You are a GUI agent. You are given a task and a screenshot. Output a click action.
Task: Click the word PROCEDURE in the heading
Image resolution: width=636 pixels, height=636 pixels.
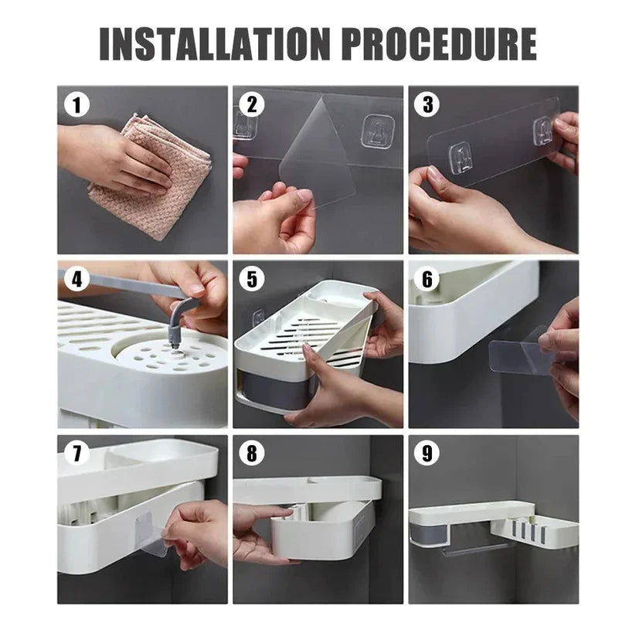click(x=439, y=44)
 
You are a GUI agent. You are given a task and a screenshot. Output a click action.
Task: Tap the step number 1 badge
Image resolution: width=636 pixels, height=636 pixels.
click(x=77, y=105)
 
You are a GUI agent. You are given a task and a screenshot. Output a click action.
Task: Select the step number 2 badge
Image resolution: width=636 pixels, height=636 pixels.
click(x=252, y=104)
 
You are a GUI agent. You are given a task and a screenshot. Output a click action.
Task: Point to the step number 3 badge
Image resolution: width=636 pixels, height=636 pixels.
click(x=427, y=104)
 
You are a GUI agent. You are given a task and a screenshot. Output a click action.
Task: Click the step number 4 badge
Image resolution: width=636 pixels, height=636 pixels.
click(x=77, y=279)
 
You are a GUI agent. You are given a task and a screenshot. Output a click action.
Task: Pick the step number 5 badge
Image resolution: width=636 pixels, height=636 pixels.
click(x=252, y=280)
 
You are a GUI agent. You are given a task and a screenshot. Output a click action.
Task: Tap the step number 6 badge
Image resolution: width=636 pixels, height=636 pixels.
click(x=427, y=280)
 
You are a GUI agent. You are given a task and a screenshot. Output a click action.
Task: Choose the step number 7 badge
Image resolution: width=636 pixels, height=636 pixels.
click(x=77, y=454)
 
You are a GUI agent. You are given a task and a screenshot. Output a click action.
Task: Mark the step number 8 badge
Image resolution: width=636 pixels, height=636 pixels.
click(x=252, y=454)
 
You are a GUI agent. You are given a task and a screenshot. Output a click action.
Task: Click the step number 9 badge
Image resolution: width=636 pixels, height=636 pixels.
click(x=427, y=454)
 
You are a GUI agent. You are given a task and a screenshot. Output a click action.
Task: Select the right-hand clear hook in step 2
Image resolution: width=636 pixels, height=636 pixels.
click(x=379, y=131)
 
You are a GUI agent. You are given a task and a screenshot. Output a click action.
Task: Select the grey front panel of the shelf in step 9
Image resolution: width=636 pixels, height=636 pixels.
click(x=429, y=533)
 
